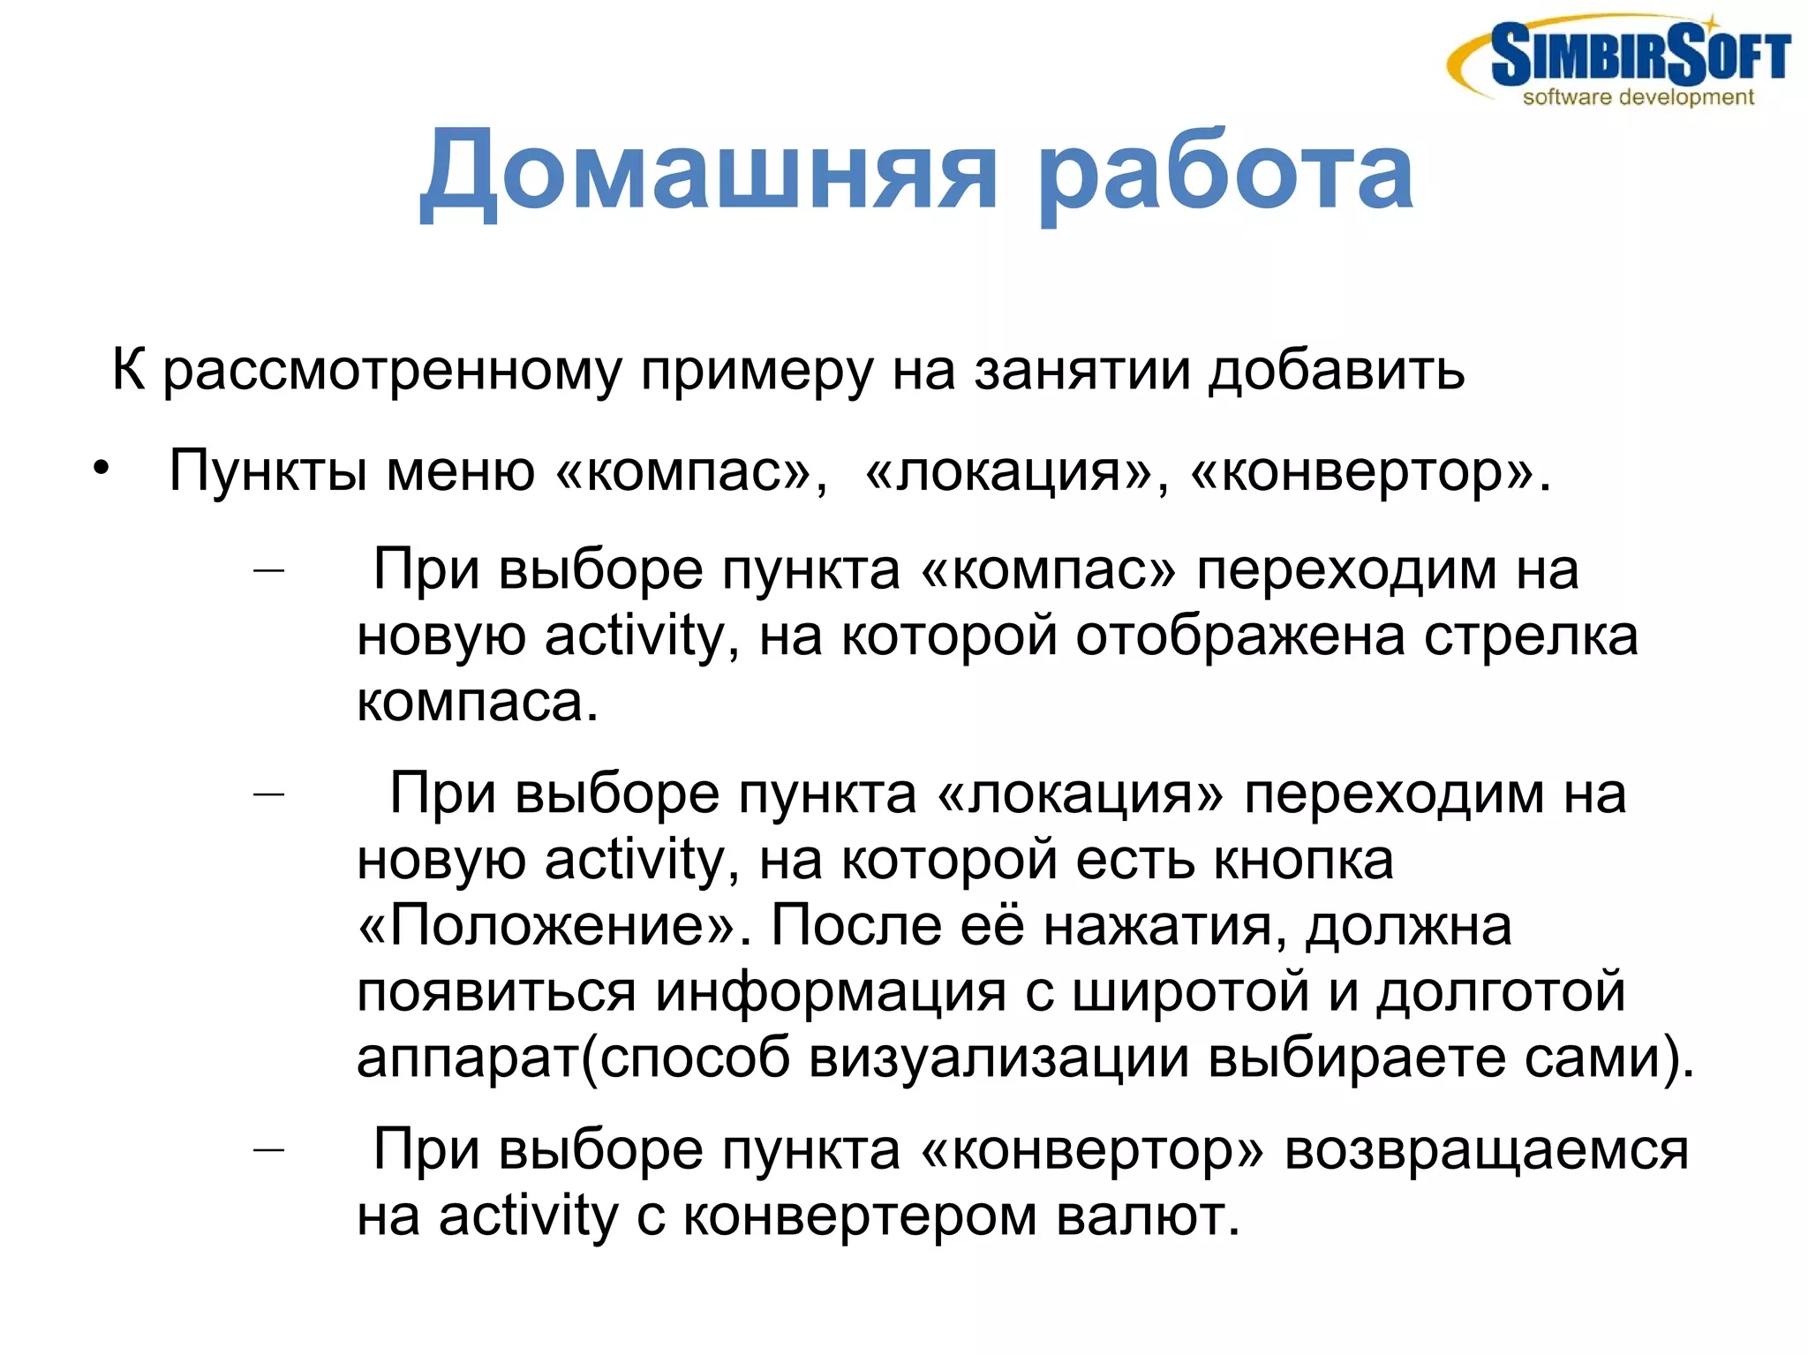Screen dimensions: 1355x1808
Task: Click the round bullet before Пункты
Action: pos(102,469)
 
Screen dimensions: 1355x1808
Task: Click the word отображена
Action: pos(1239,636)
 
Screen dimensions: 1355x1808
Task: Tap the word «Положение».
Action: pos(546,925)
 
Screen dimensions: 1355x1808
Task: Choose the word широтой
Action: pos(1191,990)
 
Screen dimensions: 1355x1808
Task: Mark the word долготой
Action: pos(1501,990)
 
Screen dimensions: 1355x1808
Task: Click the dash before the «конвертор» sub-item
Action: pos(268,1149)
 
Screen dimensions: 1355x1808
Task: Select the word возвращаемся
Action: pos(1486,1150)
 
